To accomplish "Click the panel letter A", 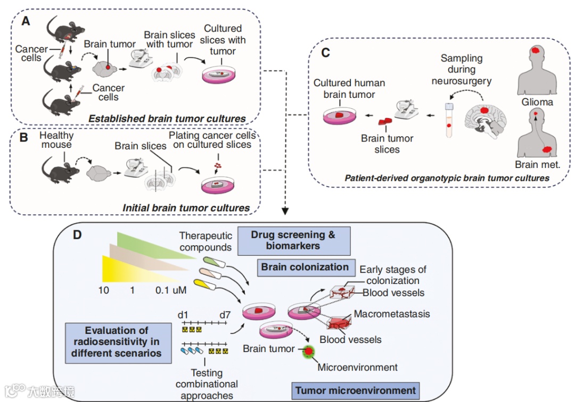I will tap(26, 22).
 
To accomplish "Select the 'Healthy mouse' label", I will tap(56, 140).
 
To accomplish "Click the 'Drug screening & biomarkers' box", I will tap(293, 240).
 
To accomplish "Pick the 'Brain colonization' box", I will tap(305, 267).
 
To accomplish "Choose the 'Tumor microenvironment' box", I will tap(356, 391).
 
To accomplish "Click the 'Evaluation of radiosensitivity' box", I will tap(116, 341).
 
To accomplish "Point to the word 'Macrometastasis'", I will tap(391, 314).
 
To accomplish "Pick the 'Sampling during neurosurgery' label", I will tap(462, 69).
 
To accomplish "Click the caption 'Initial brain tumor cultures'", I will tap(186, 208).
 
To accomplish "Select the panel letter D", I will tap(77, 234).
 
